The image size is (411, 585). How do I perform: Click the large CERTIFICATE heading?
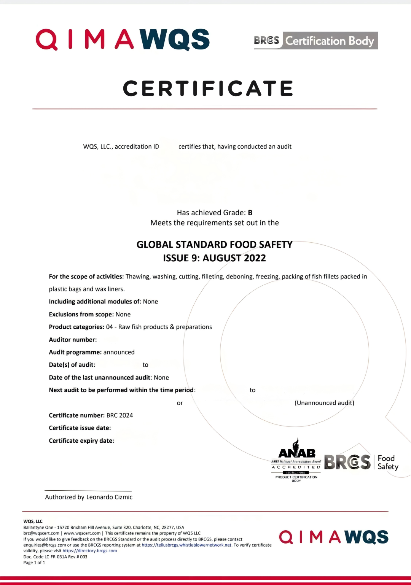[x=208, y=88]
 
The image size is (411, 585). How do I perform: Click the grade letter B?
[x=250, y=213]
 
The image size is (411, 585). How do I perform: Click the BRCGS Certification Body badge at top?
[x=316, y=41]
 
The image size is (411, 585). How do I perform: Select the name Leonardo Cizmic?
[x=109, y=497]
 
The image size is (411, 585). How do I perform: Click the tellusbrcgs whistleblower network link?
[x=186, y=545]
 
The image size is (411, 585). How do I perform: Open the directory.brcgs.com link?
[x=90, y=551]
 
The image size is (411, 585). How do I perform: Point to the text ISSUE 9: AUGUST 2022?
[x=214, y=258]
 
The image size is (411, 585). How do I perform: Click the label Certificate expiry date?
[x=81, y=441]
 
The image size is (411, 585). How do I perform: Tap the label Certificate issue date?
[x=80, y=428]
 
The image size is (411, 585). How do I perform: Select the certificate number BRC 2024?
[x=119, y=415]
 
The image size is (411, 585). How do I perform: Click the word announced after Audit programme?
[x=119, y=352]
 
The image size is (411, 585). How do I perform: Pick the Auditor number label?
[x=73, y=340]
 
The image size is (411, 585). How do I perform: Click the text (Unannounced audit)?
[x=324, y=403]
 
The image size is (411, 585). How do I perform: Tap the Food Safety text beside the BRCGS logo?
[x=387, y=463]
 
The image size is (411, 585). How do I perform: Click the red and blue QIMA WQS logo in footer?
[x=333, y=537]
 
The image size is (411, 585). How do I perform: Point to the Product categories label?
[x=76, y=327]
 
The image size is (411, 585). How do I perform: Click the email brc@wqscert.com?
[x=41, y=533]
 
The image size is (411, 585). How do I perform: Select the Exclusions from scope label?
[x=81, y=315]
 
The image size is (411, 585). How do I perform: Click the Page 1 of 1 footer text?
[x=34, y=563]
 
